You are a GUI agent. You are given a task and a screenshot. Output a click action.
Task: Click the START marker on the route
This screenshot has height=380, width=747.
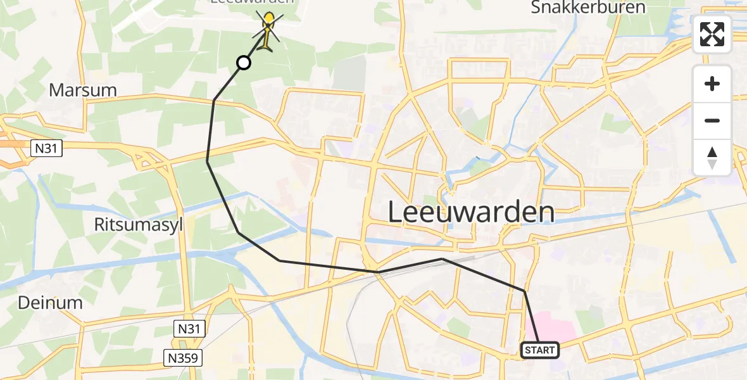click(x=540, y=350)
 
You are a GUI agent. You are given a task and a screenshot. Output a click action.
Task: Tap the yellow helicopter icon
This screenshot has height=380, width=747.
click(x=269, y=32)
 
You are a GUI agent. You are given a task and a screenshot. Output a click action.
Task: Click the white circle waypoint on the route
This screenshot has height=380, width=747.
click(x=244, y=62)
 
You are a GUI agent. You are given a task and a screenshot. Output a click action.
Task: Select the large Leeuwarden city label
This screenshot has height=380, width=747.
click(x=471, y=213)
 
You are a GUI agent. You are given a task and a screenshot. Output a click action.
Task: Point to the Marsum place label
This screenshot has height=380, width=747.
click(x=83, y=90)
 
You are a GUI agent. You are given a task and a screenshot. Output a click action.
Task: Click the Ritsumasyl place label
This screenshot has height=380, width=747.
click(x=139, y=225)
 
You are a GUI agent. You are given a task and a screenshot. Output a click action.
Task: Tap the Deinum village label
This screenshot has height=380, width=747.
click(x=50, y=303)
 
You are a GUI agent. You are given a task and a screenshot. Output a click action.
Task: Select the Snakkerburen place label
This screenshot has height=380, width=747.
click(x=588, y=8)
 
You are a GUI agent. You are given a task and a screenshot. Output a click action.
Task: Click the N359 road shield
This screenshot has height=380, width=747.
click(x=183, y=358)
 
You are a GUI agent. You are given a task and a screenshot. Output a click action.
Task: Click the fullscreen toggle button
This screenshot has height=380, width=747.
click(x=712, y=34)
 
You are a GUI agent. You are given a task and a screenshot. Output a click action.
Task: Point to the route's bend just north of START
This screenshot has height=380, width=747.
click(x=524, y=291)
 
